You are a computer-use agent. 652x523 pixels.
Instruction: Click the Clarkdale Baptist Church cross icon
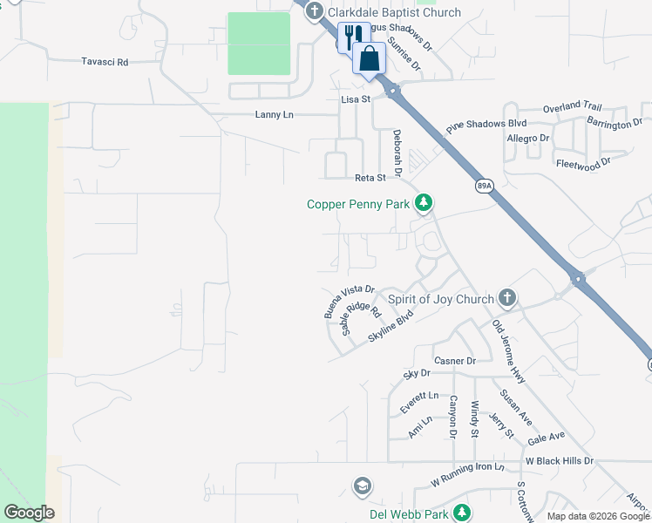point(314,12)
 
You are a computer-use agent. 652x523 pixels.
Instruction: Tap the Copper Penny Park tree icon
point(424,204)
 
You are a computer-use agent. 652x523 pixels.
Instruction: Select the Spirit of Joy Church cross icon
point(507,298)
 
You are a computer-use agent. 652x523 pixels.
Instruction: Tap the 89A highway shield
point(484,185)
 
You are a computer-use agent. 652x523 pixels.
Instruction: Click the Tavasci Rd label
point(105,62)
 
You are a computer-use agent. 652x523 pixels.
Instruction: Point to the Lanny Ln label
point(275,115)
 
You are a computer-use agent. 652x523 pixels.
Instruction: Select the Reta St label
point(370,178)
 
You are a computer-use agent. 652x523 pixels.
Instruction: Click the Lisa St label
point(355,100)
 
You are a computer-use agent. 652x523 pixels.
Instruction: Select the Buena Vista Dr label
point(349,301)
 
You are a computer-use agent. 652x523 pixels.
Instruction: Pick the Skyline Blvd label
point(390,329)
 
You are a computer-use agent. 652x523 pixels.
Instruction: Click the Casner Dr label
point(455,361)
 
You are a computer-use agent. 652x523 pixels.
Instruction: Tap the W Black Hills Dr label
point(559,460)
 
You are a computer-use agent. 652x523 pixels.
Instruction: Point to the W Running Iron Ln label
point(467,474)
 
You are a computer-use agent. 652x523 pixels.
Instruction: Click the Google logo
point(29,513)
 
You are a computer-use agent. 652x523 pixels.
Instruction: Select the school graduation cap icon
point(363,485)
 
